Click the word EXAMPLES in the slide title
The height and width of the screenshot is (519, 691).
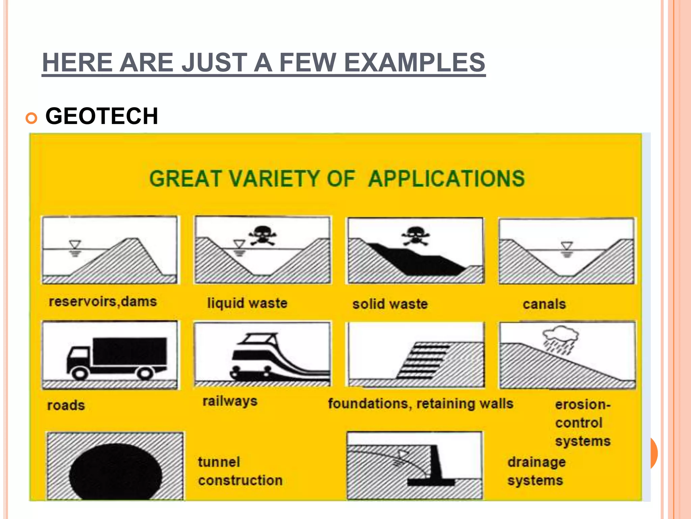[x=414, y=63]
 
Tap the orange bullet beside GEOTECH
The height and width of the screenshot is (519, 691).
[x=31, y=118]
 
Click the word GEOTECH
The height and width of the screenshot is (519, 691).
[x=102, y=116]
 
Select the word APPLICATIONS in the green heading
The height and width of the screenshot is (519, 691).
[x=446, y=178]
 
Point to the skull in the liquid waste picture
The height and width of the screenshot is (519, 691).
[x=262, y=234]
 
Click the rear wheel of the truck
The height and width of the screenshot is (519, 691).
[x=145, y=373]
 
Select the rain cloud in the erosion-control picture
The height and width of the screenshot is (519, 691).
[x=560, y=335]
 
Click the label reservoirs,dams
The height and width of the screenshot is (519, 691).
[x=103, y=301]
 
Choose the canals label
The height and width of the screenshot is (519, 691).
[x=544, y=304]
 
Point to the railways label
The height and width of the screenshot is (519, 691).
[x=230, y=401]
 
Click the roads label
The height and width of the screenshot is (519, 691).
[x=66, y=405]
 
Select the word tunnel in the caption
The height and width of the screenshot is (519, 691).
[x=219, y=462]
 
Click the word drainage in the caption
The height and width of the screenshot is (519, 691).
[x=536, y=462]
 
